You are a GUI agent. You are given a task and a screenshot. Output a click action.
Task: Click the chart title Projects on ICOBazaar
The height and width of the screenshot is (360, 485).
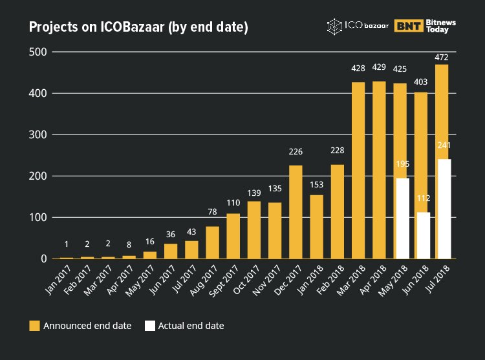click(x=138, y=27)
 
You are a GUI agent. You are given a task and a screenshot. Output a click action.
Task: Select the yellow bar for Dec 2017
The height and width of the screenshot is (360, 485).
click(x=296, y=212)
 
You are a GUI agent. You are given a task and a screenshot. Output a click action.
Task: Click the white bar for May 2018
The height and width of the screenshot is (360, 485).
click(x=402, y=218)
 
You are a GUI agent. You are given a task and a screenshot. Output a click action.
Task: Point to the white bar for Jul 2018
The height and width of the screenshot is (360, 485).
click(x=444, y=207)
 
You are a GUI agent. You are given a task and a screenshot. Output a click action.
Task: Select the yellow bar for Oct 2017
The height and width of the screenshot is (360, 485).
click(x=254, y=229)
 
